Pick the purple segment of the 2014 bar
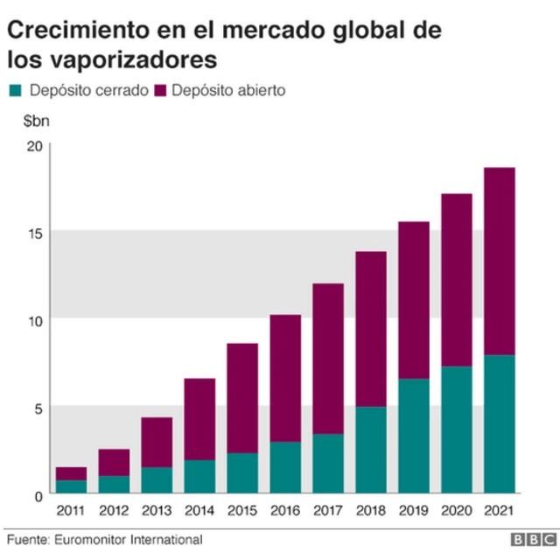point(199,419)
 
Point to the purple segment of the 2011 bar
point(71,473)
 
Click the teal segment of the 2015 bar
point(242,473)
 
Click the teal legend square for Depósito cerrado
point(16,90)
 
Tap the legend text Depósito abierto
point(229,90)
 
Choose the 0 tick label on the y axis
point(37,495)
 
